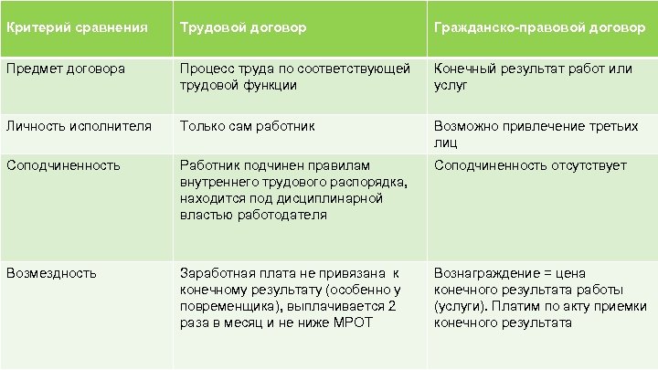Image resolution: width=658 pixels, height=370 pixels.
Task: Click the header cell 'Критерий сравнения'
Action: pos(77,27)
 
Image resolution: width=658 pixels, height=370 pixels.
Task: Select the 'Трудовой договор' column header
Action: pos(243,27)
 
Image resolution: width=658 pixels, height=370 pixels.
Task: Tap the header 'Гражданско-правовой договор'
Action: pos(539,27)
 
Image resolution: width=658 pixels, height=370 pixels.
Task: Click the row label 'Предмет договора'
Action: pos(66,69)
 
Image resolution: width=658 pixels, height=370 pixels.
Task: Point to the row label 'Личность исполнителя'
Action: pos(78,126)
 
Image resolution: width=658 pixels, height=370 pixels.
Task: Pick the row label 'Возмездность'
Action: pos(51,272)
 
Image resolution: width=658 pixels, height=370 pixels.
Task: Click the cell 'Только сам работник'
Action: pos(248,126)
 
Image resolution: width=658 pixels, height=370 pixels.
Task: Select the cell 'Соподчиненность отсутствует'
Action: pos(530,165)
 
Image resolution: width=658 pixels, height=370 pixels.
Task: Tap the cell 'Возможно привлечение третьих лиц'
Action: pos(536,134)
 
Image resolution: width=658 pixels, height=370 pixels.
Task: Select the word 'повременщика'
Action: pos(225,306)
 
